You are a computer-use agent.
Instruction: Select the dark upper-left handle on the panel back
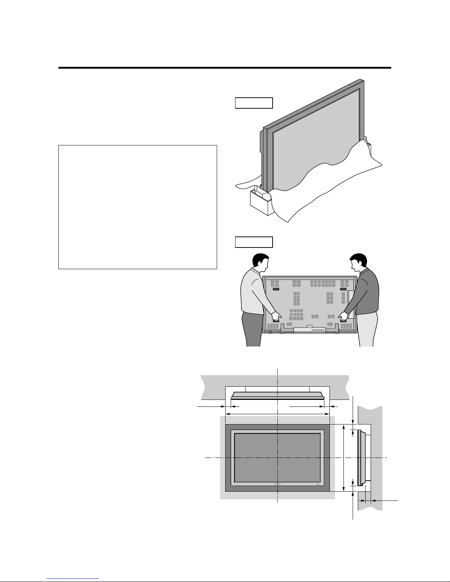[x=276, y=289]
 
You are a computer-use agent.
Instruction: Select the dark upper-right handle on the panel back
[x=343, y=289]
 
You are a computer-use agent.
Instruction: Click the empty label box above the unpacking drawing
[x=254, y=103]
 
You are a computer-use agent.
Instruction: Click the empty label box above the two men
[x=254, y=242]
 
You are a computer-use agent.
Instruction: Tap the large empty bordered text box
[x=138, y=207]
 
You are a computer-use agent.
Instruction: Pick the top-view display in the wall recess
[x=278, y=395]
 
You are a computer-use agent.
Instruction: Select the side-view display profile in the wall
[x=361, y=458]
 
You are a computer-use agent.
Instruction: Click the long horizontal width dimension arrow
[x=277, y=414]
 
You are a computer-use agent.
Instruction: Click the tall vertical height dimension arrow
[x=343, y=458]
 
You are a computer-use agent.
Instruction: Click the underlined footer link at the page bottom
[x=73, y=579]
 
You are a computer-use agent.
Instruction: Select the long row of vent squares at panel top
[x=323, y=283]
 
